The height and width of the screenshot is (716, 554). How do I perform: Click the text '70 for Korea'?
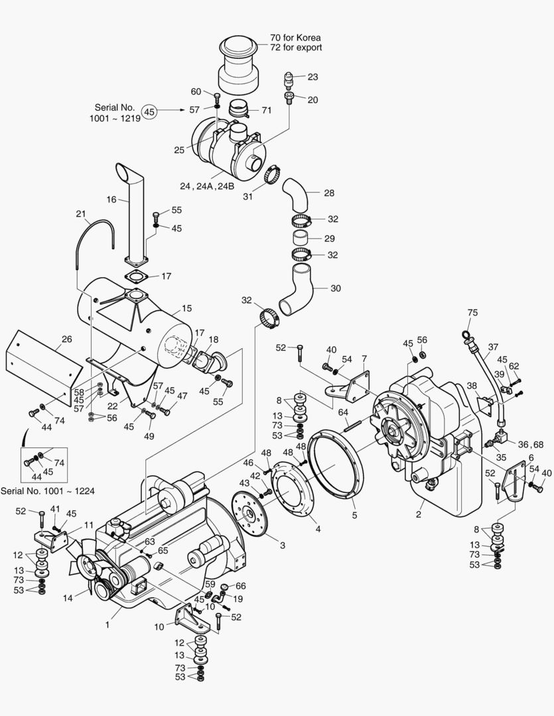tap(296, 37)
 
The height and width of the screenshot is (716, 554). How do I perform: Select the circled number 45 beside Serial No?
tap(150, 112)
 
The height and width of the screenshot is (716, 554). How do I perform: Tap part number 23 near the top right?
tap(312, 77)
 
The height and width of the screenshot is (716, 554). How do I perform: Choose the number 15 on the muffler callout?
tap(186, 308)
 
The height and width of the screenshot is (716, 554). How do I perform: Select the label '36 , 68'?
tap(529, 444)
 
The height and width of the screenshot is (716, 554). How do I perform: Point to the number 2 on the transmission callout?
tap(419, 513)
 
